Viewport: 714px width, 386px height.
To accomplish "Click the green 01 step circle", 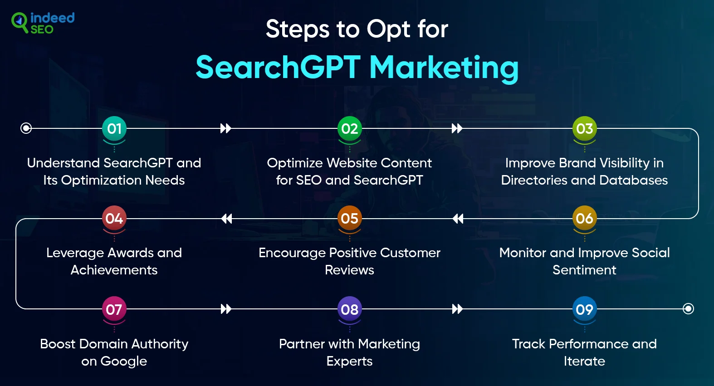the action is point(114,128).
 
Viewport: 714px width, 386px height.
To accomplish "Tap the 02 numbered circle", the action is point(349,128).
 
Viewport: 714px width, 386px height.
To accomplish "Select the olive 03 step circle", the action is point(584,128).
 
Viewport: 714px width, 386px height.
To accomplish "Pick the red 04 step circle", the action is point(114,218).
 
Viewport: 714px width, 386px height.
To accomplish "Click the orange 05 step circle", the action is point(349,218).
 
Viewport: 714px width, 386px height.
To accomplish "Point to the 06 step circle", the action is point(584,218).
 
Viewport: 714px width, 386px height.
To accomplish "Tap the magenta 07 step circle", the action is point(114,309).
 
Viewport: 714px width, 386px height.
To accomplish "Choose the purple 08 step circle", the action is point(349,309).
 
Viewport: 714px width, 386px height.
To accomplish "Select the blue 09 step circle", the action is point(584,309).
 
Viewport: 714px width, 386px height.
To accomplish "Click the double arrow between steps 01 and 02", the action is point(225,128).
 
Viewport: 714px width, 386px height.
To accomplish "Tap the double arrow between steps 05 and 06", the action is point(458,219).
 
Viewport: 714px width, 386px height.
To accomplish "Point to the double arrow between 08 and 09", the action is point(457,309).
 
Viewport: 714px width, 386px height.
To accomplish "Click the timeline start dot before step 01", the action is point(26,128).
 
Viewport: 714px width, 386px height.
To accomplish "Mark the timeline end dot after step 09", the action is point(688,308).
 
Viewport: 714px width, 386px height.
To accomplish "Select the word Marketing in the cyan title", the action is point(444,68).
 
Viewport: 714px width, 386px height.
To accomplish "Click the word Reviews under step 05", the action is point(349,270).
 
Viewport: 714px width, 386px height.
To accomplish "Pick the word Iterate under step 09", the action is point(584,361).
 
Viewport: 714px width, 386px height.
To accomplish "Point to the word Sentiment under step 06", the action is point(584,270).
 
